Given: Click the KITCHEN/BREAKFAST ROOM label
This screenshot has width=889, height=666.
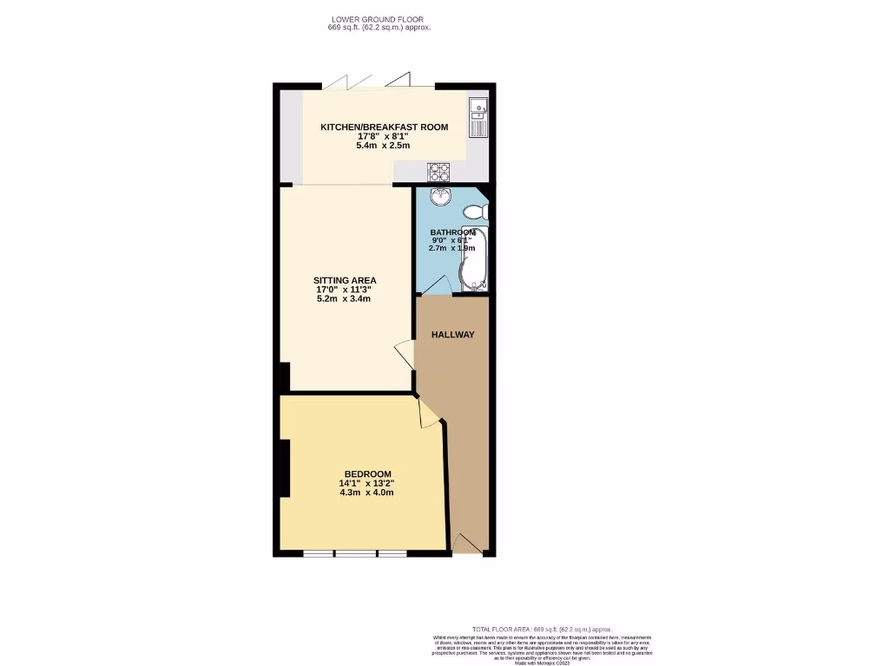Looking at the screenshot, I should pyautogui.click(x=384, y=127).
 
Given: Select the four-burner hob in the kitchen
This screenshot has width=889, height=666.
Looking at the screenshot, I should pyautogui.click(x=438, y=171).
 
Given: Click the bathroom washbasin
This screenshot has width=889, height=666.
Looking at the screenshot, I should pyautogui.click(x=441, y=196).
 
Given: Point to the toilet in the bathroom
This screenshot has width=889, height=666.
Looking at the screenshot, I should pyautogui.click(x=475, y=212).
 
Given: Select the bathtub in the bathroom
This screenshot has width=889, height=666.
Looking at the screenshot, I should pyautogui.click(x=474, y=258).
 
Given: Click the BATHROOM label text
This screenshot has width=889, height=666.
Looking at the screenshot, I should pyautogui.click(x=452, y=232).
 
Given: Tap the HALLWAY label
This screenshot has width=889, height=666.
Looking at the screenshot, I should pyautogui.click(x=452, y=335).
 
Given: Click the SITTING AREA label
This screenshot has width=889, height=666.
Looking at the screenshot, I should pyautogui.click(x=345, y=281).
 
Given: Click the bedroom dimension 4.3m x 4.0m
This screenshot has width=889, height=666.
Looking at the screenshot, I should pyautogui.click(x=366, y=493).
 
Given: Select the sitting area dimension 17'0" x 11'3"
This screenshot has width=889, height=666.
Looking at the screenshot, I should pyautogui.click(x=345, y=291).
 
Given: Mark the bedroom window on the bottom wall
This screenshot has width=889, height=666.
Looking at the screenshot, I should pyautogui.click(x=354, y=552).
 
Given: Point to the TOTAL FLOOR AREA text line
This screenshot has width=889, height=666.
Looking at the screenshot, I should pyautogui.click(x=542, y=629).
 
